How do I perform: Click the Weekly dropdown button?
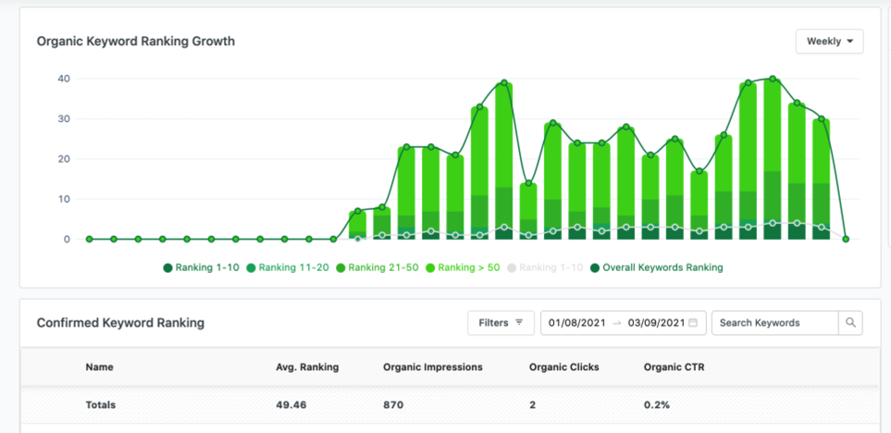(x=829, y=42)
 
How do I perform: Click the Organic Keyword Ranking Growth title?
(x=136, y=42)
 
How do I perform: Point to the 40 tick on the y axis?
(x=63, y=79)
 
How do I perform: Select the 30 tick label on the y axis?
(x=63, y=119)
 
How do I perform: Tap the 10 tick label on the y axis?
(x=63, y=199)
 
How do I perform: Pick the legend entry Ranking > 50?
(x=463, y=267)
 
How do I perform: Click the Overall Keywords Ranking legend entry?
(x=656, y=267)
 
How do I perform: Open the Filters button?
(x=501, y=323)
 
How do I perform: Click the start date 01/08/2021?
(x=577, y=323)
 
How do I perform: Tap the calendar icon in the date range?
(x=693, y=323)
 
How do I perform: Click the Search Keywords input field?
(x=774, y=323)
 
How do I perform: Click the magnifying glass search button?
(x=850, y=323)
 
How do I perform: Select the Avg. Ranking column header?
(x=307, y=367)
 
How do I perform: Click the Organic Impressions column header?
(x=433, y=367)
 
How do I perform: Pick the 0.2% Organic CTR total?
(x=657, y=405)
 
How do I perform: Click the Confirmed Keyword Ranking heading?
(x=120, y=323)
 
